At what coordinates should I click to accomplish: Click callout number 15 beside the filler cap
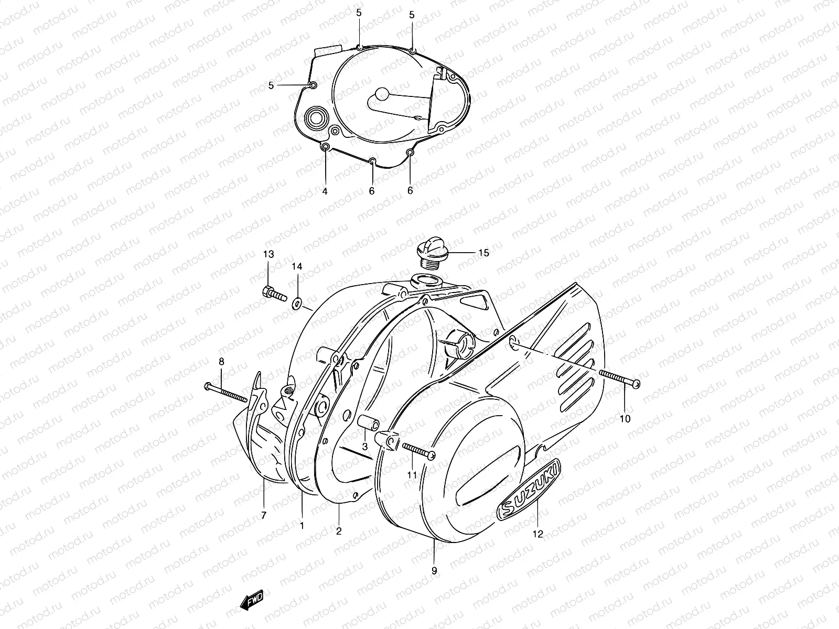pyautogui.click(x=483, y=253)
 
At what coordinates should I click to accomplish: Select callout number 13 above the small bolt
pyautogui.click(x=268, y=254)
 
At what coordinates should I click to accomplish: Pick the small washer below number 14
pyautogui.click(x=297, y=302)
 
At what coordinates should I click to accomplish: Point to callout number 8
pyautogui.click(x=221, y=361)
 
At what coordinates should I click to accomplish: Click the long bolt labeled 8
pyautogui.click(x=225, y=393)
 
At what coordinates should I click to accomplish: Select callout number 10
pyautogui.click(x=625, y=419)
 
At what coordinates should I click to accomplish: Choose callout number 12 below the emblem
pyautogui.click(x=538, y=534)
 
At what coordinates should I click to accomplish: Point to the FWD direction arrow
pyautogui.click(x=252, y=599)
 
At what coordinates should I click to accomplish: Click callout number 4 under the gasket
pyautogui.click(x=325, y=191)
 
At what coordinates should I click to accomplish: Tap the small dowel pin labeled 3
pyautogui.click(x=365, y=422)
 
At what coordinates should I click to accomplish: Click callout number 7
pyautogui.click(x=263, y=515)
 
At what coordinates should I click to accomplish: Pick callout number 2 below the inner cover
pyautogui.click(x=339, y=531)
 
